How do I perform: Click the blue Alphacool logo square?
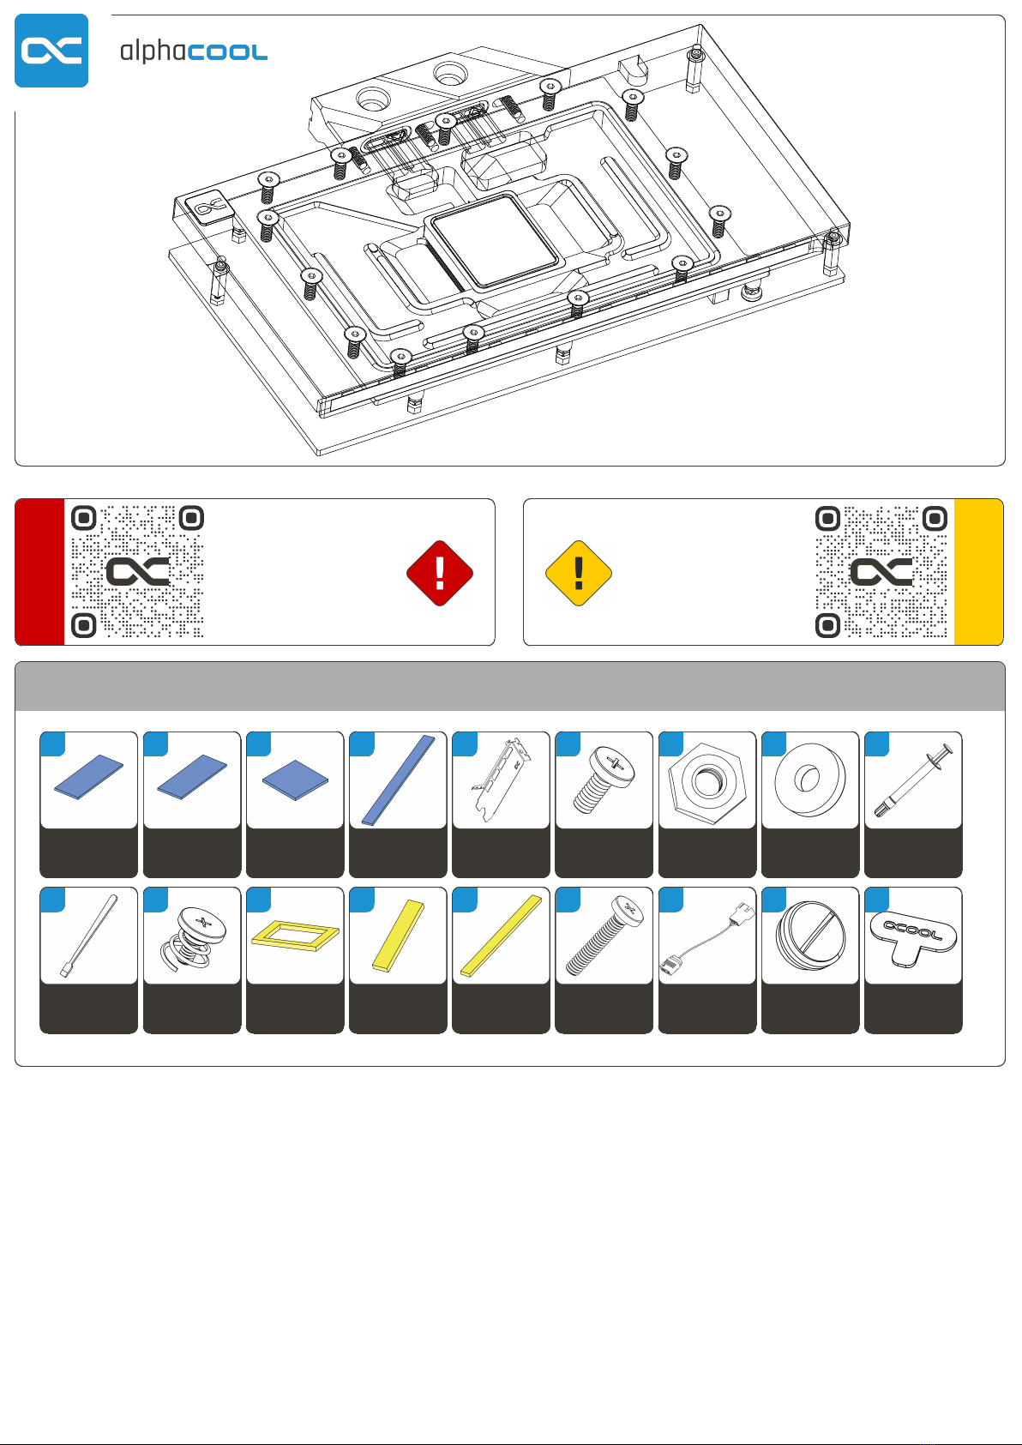coord(51,51)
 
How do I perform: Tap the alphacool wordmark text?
coord(194,51)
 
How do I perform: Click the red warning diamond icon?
coord(440,573)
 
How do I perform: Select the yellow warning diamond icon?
coord(579,573)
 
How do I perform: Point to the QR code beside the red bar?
coord(137,571)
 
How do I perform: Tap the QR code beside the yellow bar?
coord(881,571)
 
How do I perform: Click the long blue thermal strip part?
coord(399,780)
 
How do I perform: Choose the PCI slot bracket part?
coord(502,780)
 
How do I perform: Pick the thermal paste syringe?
coord(913,780)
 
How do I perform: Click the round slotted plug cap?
coord(810,935)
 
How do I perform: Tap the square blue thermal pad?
coord(295,780)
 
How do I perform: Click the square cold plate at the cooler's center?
coord(496,240)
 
